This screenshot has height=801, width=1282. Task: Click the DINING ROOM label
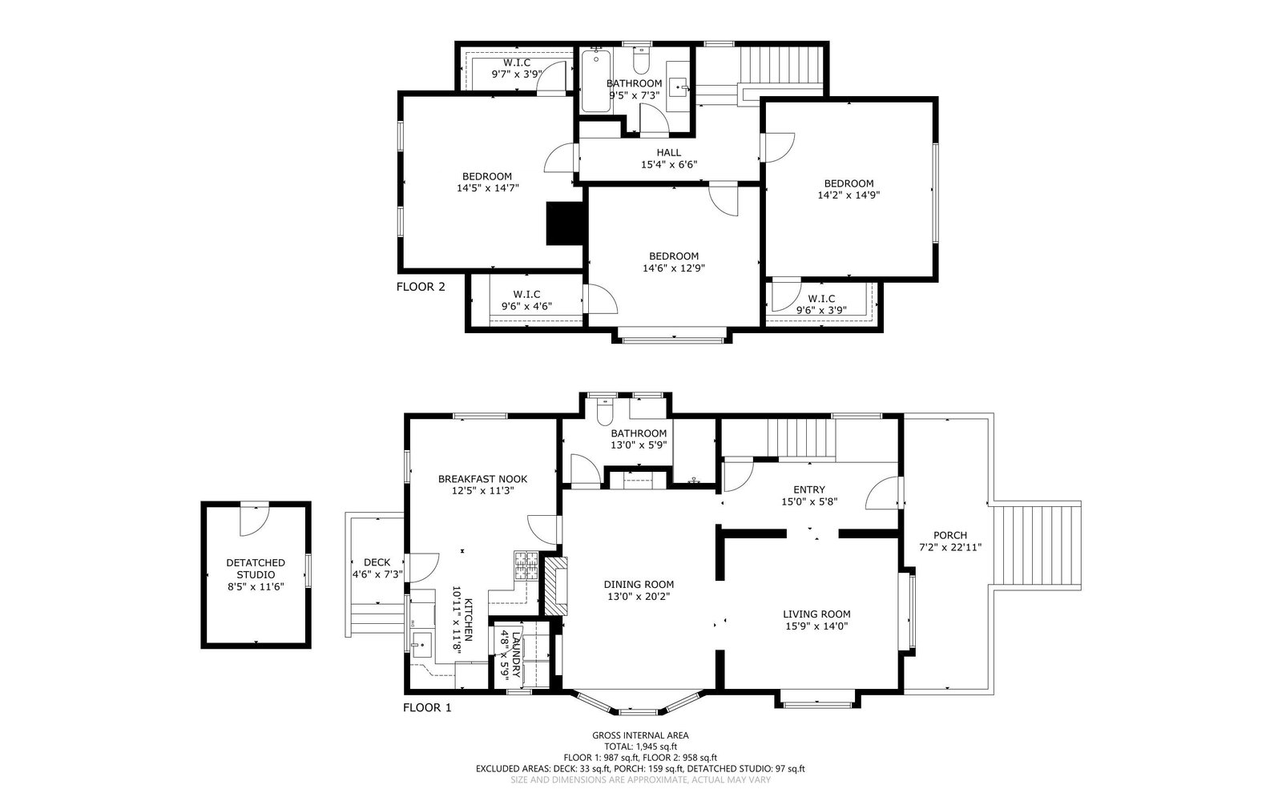(x=639, y=584)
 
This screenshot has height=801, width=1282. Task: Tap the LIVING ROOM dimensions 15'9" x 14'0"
(x=816, y=626)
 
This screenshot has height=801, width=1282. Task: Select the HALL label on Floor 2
(x=668, y=152)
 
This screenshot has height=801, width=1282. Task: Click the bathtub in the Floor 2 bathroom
(x=596, y=81)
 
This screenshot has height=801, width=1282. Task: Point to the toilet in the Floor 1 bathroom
(x=605, y=413)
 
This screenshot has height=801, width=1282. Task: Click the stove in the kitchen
(x=526, y=566)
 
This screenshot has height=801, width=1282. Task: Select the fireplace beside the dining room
(x=555, y=586)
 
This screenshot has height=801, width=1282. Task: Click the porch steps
(x=1037, y=545)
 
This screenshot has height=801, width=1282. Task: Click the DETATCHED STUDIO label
(x=256, y=569)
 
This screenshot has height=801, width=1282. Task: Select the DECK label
(x=377, y=562)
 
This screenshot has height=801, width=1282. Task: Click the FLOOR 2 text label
(x=421, y=287)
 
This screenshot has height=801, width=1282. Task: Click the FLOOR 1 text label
(x=427, y=708)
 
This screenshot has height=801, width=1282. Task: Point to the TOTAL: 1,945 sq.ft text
(x=640, y=746)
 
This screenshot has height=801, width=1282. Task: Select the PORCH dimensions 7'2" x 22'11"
(x=950, y=547)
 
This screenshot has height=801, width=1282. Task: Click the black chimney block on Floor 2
(x=565, y=223)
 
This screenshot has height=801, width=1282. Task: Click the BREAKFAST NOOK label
(x=482, y=479)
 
